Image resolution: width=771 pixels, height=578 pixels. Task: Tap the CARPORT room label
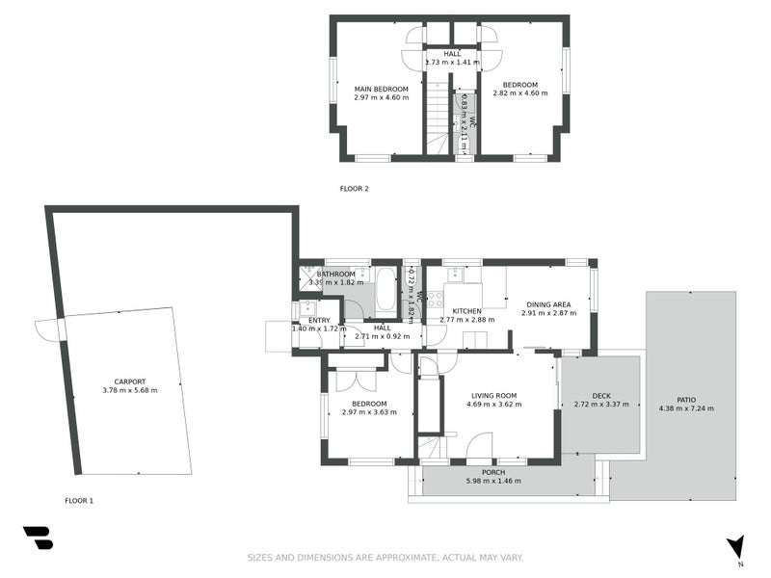pyautogui.click(x=129, y=381)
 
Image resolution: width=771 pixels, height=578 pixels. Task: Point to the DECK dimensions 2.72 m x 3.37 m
pyautogui.click(x=601, y=405)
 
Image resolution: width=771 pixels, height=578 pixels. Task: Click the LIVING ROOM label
pyautogui.click(x=494, y=395)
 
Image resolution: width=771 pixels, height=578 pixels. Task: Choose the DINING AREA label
pyautogui.click(x=546, y=304)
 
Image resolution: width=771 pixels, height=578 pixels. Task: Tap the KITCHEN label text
pyautogui.click(x=466, y=311)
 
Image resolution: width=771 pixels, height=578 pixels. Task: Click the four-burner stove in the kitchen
pyautogui.click(x=435, y=299)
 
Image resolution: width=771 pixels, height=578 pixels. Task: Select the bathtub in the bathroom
pyautogui.click(x=385, y=289)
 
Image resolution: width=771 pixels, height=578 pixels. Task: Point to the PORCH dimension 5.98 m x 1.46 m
pyautogui.click(x=493, y=481)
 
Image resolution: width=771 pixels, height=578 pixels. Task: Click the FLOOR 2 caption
pyautogui.click(x=354, y=189)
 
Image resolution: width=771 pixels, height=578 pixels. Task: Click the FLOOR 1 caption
pyautogui.click(x=79, y=501)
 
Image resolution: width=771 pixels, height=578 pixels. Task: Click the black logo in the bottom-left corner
pyautogui.click(x=38, y=538)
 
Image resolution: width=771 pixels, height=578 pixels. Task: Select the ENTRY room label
pyautogui.click(x=319, y=320)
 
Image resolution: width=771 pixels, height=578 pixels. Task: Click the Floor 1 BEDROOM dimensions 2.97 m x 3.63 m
pyautogui.click(x=369, y=412)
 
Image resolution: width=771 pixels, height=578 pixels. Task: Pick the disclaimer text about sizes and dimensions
pyautogui.click(x=385, y=558)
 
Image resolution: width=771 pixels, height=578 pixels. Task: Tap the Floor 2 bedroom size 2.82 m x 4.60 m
pyautogui.click(x=520, y=93)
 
